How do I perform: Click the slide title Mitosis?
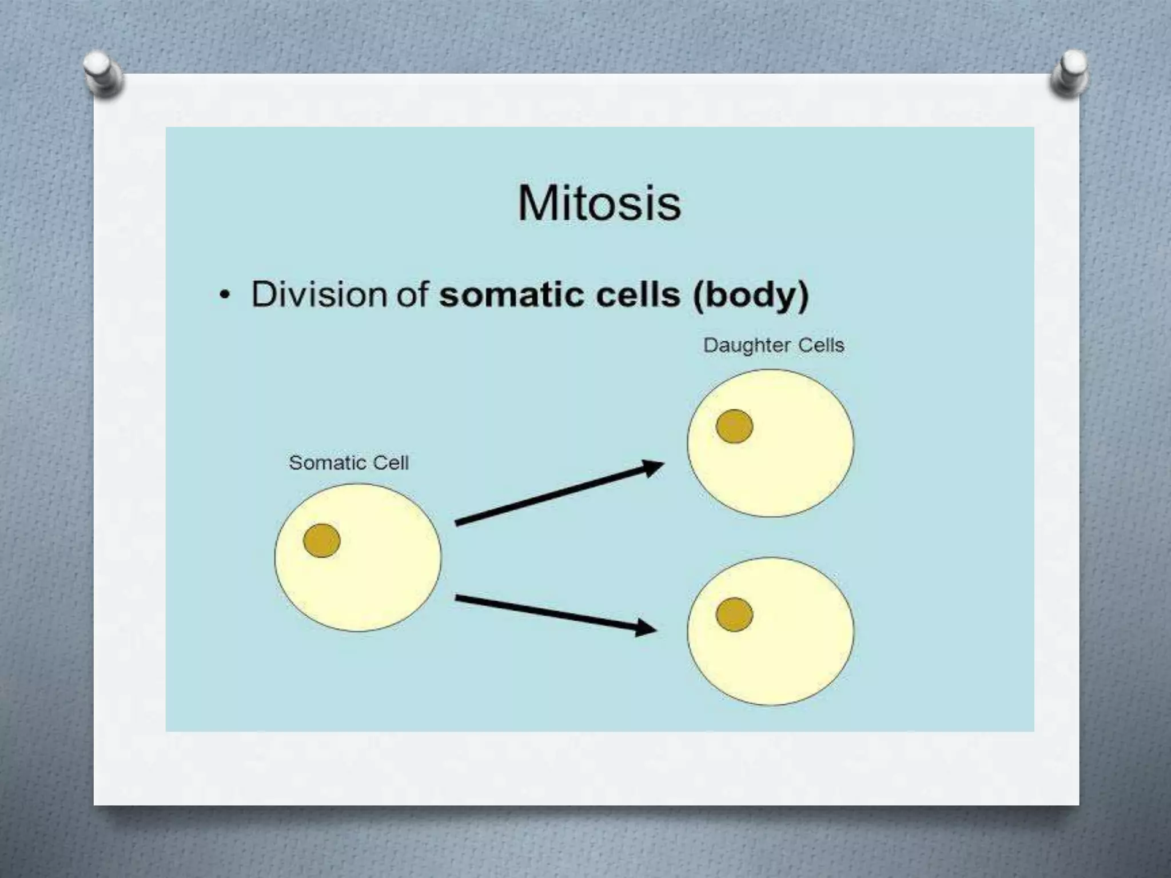tap(599, 203)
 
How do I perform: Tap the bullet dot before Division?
tap(225, 296)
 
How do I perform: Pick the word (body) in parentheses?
tap(751, 296)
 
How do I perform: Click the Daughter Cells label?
tap(774, 345)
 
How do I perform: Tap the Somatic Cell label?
tap(349, 462)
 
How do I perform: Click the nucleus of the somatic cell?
tap(322, 540)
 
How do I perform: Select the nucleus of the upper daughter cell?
tap(734, 426)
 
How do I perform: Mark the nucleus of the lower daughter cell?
tap(734, 614)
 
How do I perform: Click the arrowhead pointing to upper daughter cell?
tap(652, 468)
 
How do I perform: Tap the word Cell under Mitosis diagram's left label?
tap(391, 462)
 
